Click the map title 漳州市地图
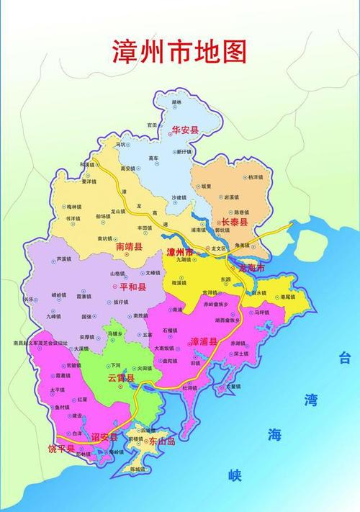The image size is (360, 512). (x=179, y=52)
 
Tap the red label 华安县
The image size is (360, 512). (x=185, y=130)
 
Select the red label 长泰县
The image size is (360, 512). (x=234, y=223)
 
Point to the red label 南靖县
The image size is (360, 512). (x=130, y=246)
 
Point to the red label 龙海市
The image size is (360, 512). (x=252, y=267)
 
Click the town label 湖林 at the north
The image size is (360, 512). (x=177, y=102)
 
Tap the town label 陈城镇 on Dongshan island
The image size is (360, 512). (x=138, y=469)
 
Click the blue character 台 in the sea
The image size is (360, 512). (x=346, y=357)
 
